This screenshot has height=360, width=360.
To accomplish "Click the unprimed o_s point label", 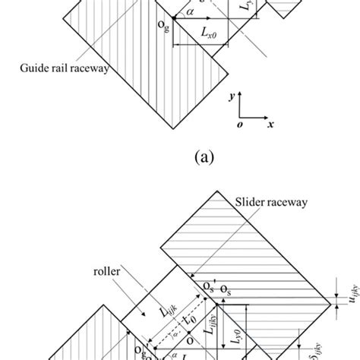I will tap(226, 289).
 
